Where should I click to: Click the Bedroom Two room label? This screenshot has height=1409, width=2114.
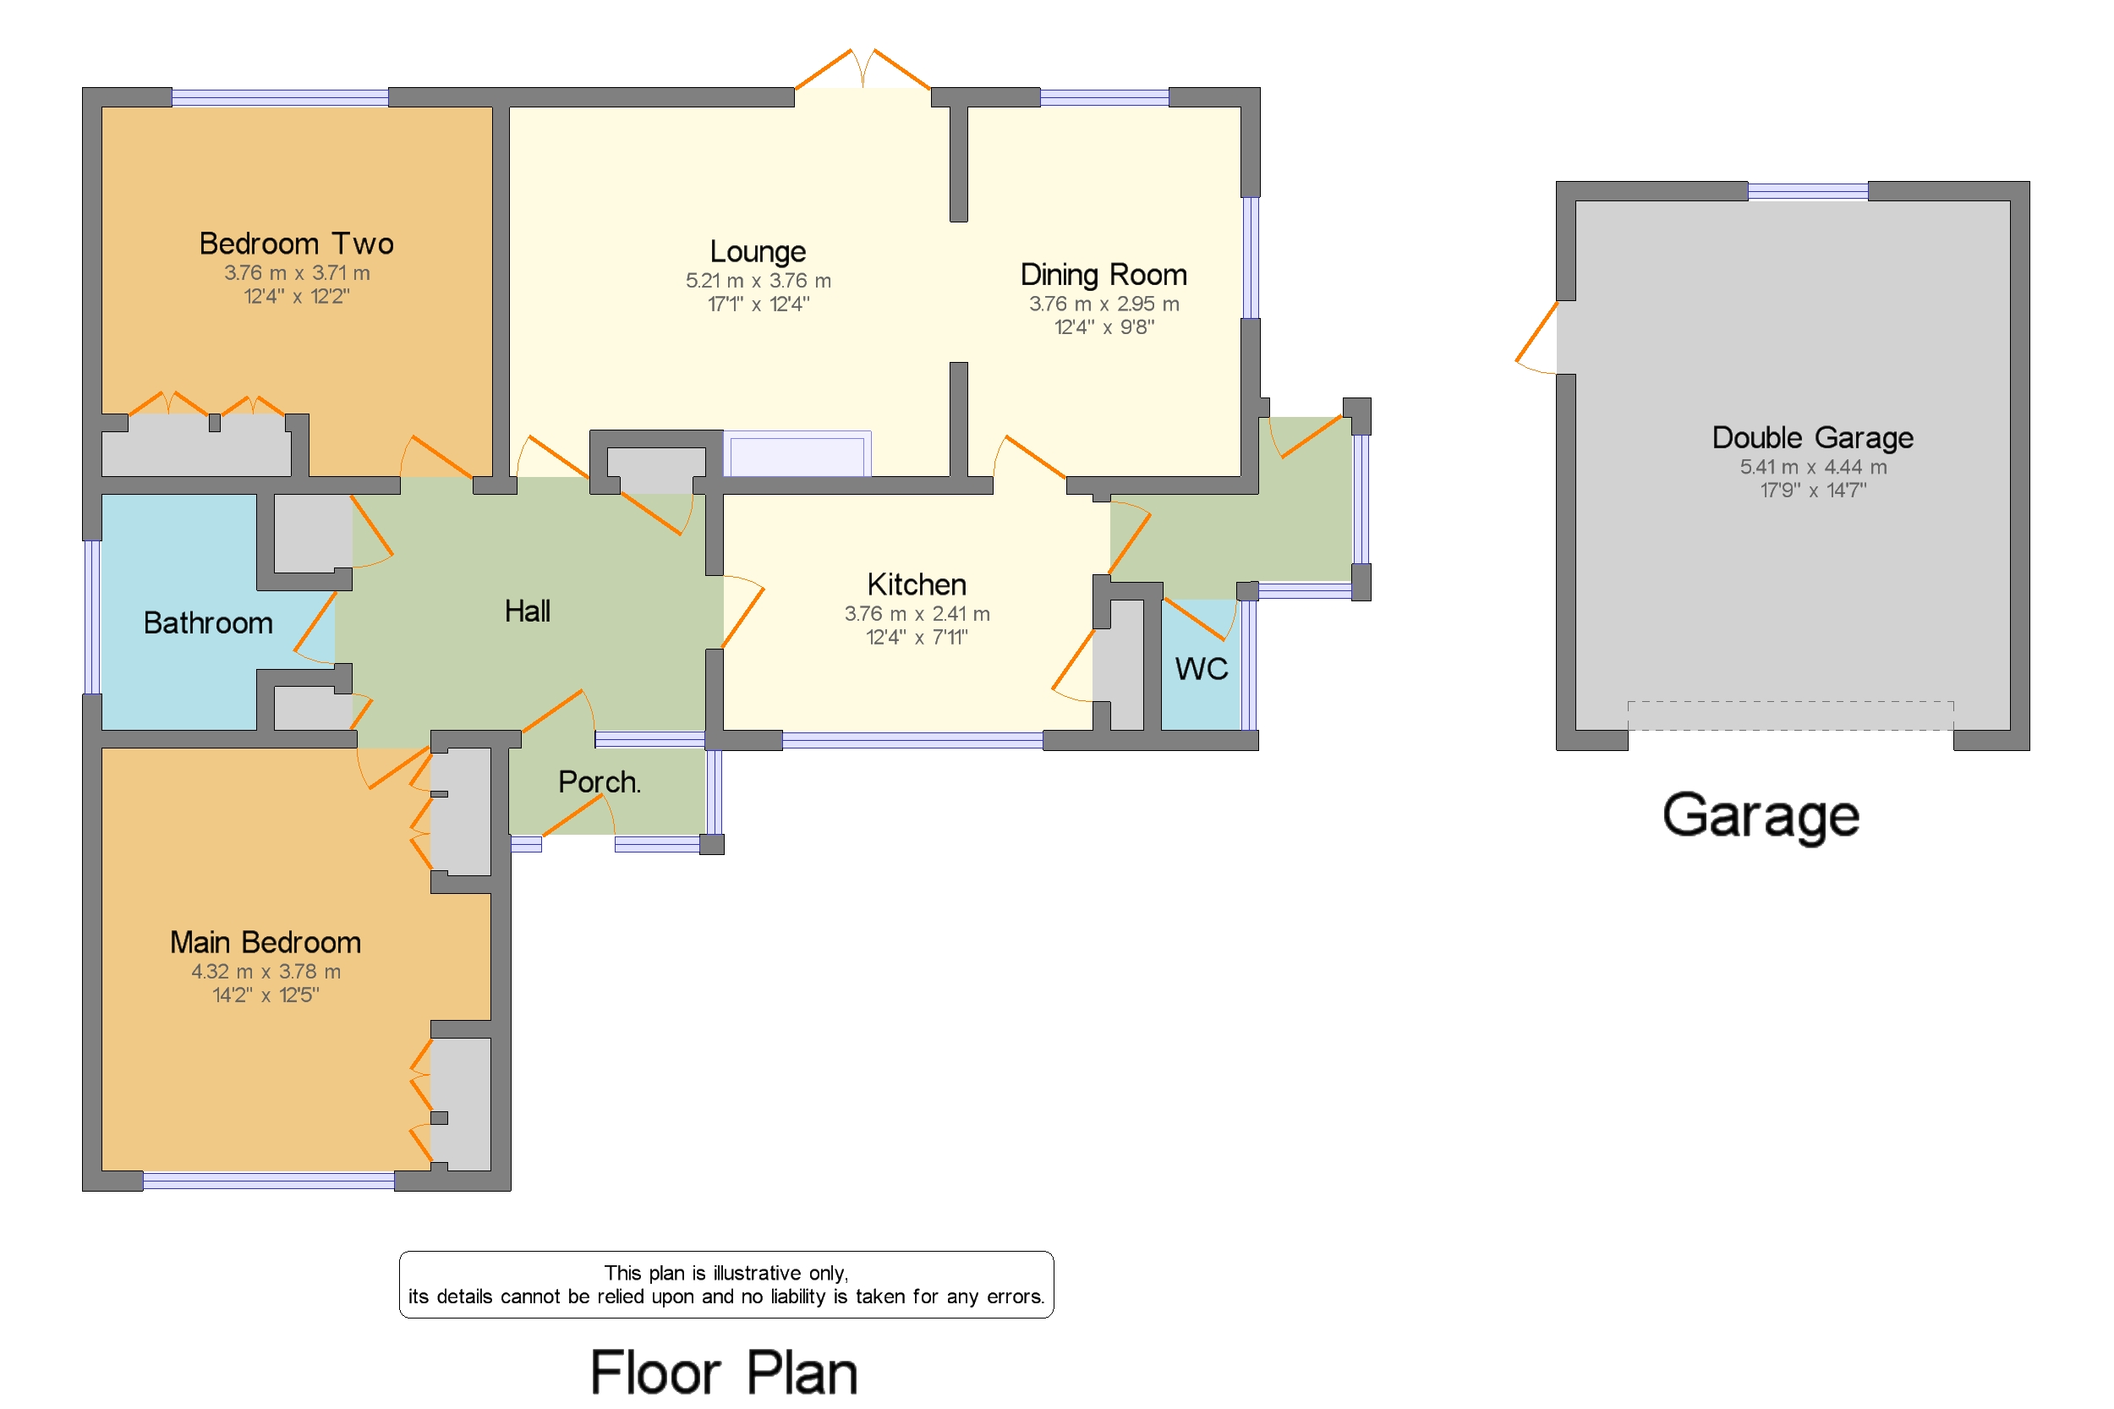pos(296,244)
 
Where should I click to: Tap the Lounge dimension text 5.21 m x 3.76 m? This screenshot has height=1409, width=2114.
pos(758,281)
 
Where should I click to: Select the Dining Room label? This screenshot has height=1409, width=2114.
pos(1103,274)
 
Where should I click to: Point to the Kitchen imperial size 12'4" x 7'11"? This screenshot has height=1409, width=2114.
pos(916,637)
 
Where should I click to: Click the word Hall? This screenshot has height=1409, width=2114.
pos(527,611)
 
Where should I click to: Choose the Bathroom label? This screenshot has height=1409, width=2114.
pos(207,622)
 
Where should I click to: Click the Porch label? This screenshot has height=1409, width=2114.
pos(599,781)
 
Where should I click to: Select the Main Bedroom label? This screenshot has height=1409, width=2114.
pos(265,942)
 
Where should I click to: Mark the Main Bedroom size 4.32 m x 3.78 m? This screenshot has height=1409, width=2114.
pos(265,972)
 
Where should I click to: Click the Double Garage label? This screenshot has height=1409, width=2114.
pos(1811,437)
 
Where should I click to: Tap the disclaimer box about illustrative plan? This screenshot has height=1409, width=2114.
pos(725,1284)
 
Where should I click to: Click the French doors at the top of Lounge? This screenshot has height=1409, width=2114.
pos(862,70)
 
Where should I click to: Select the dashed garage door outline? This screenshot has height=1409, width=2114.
pos(1788,715)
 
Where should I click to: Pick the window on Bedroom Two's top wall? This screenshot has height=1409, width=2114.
pos(279,97)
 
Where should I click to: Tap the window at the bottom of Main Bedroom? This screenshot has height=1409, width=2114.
pos(268,1181)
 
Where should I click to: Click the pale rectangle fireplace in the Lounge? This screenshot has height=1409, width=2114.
pos(796,455)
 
